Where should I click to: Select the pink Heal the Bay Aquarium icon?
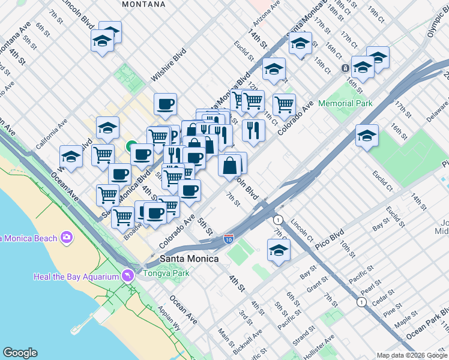tap(127, 275)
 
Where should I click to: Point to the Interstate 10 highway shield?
tap(229, 238)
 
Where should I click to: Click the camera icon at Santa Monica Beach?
tap(66, 238)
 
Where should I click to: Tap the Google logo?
tap(20, 353)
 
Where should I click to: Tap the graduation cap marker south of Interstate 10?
tap(279, 250)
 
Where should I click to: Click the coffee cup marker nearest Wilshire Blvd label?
tap(165, 104)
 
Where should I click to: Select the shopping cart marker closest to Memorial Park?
tap(284, 104)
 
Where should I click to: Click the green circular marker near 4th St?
tap(130, 145)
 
